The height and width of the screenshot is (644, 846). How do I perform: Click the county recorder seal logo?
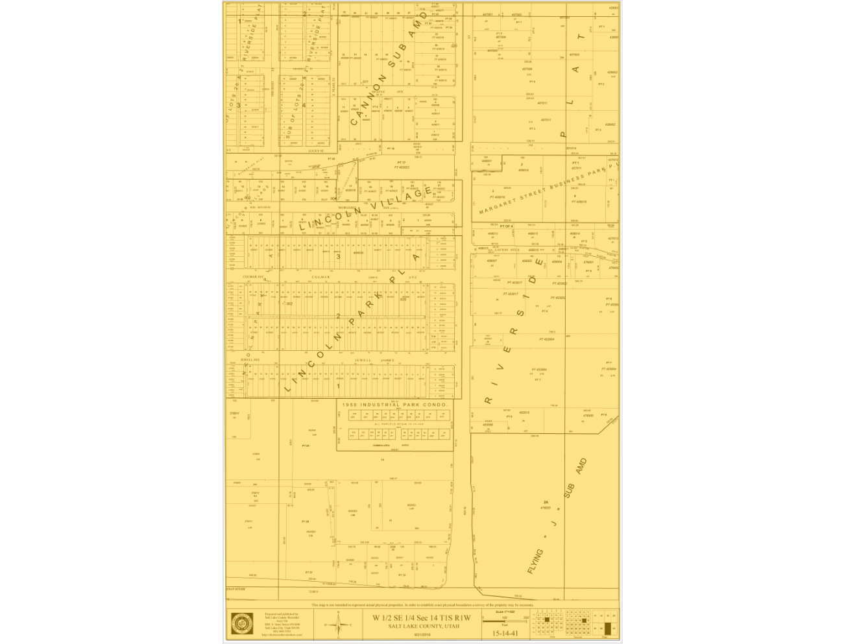point(243,623)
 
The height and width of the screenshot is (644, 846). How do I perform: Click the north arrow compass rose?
point(337,625)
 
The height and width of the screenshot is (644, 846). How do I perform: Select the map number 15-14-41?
point(505,633)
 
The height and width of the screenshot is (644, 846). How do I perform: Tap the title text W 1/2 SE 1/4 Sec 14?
point(422,618)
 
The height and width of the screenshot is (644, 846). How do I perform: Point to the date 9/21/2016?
point(422,634)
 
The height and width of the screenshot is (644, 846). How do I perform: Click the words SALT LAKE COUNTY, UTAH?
point(422,626)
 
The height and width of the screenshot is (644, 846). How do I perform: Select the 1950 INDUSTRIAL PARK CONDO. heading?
point(394,405)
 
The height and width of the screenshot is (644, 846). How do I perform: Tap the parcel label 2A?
point(546,503)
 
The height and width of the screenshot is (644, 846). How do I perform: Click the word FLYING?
point(535,562)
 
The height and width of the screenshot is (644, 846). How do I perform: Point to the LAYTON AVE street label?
point(507,249)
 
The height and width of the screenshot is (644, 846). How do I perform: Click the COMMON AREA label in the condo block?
point(381,445)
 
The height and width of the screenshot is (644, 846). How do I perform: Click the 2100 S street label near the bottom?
point(313,591)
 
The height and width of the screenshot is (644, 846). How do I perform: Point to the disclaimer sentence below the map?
point(422,605)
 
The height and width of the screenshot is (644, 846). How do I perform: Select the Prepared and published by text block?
point(282,624)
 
